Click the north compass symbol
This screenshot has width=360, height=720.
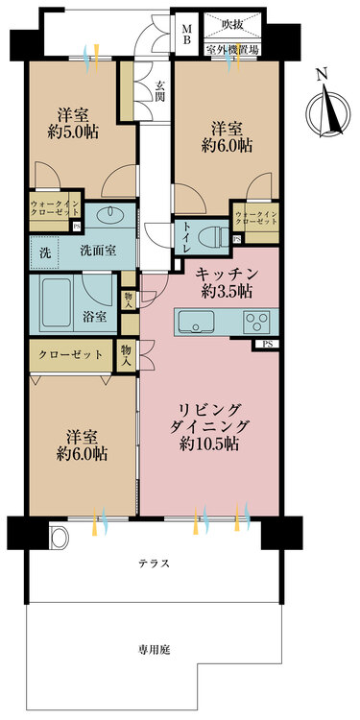click(328, 113)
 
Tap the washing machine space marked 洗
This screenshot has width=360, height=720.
click(45, 252)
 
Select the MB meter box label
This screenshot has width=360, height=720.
click(187, 34)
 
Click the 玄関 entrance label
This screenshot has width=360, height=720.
click(160, 91)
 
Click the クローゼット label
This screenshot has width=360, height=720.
click(70, 355)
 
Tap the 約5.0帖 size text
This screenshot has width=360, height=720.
click(73, 132)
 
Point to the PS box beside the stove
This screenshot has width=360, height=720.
click(266, 344)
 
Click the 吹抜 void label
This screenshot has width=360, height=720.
click(231, 23)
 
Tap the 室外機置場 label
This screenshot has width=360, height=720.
click(232, 50)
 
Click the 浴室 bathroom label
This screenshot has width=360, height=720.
click(95, 317)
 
